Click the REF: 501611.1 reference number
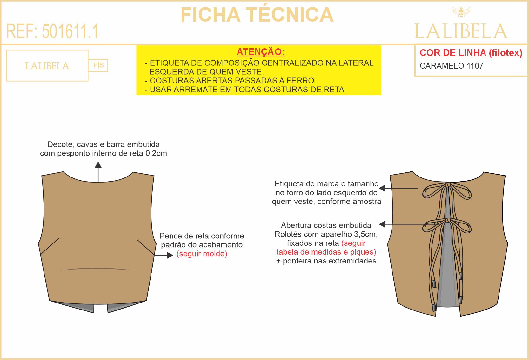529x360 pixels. point(52,31)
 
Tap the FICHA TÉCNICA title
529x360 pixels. point(257,14)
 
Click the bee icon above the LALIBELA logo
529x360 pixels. point(461,12)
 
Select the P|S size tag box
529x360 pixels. point(98,65)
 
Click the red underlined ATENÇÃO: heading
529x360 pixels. point(261,52)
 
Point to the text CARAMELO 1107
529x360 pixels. point(451,66)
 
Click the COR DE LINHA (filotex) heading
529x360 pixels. point(471,53)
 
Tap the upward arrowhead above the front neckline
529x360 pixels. point(98,165)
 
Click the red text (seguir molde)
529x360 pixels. point(202,254)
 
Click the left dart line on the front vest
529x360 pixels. point(50,246)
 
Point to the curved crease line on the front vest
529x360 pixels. point(97,269)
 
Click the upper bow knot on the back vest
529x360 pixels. point(447,185)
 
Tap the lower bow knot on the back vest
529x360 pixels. point(447,221)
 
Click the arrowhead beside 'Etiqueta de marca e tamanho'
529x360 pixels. point(382,188)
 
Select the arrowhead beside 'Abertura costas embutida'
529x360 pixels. point(382,224)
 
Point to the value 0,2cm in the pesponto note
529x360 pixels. point(156,153)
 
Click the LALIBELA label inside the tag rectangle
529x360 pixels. point(47,66)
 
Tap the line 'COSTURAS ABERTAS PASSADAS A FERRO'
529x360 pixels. point(232,81)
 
